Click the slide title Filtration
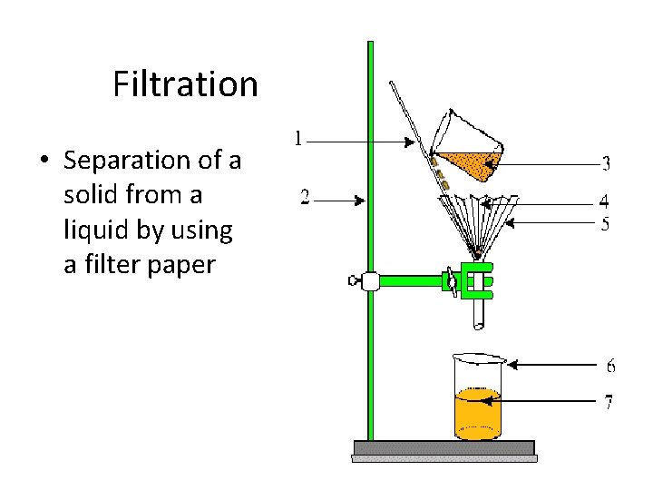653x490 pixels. tap(185, 84)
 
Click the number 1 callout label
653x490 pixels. tap(298, 139)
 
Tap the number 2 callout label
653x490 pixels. tap(305, 197)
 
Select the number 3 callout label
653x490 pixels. tap(606, 164)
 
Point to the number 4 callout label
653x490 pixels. tap(604, 201)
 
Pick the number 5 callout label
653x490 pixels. tap(605, 223)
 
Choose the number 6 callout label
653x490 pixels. tap(610, 366)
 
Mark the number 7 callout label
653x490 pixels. tap(609, 401)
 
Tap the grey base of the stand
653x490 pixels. tap(443, 448)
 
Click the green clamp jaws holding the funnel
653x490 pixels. tap(477, 280)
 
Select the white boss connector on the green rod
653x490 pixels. tap(369, 281)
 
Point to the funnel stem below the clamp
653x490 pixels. tap(479, 314)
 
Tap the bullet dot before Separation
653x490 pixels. tap(43, 162)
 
